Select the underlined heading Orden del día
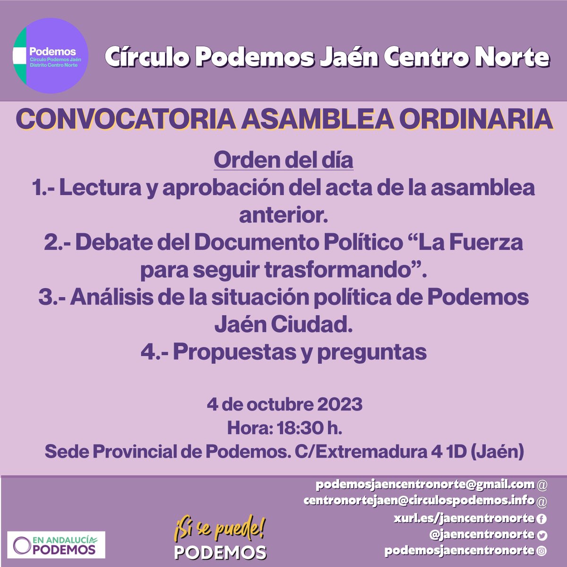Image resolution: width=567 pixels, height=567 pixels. pos(283,160)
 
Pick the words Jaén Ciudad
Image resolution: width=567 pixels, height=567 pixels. pos(283,325)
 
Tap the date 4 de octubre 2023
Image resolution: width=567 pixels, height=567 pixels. pos(284,404)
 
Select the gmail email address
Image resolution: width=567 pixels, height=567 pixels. pos(425,484)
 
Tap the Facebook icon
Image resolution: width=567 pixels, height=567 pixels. pos(542,519)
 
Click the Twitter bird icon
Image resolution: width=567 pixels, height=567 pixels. pos(542,535)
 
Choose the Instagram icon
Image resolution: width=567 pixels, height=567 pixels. pos(542,551)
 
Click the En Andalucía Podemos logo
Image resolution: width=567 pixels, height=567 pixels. pos(56,545)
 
